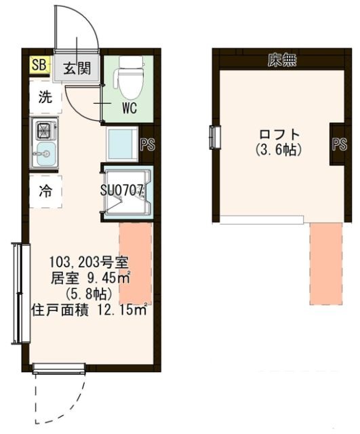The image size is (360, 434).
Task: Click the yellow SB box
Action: [39, 66]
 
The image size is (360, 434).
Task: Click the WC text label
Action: [131, 108]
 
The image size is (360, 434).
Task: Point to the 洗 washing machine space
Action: [44, 96]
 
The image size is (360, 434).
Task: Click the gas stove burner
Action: [44, 129]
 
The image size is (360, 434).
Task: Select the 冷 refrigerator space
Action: [44, 191]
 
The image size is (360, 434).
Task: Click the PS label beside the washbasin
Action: [146, 144]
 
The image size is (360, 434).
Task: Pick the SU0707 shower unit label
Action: [124, 191]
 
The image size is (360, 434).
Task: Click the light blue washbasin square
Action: [123, 144]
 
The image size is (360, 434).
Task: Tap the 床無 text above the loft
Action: [282, 60]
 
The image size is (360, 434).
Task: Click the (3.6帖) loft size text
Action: [279, 148]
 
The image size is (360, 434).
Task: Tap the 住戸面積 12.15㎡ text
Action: [89, 311]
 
